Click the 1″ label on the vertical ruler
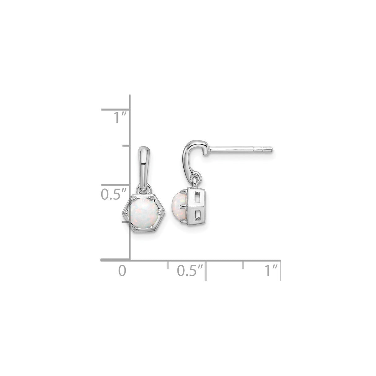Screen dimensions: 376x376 [x=120, y=117]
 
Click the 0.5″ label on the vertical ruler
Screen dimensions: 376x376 [x=114, y=194]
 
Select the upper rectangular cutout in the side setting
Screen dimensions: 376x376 [x=198, y=198]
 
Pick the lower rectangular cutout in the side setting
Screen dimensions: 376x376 [x=198, y=214]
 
